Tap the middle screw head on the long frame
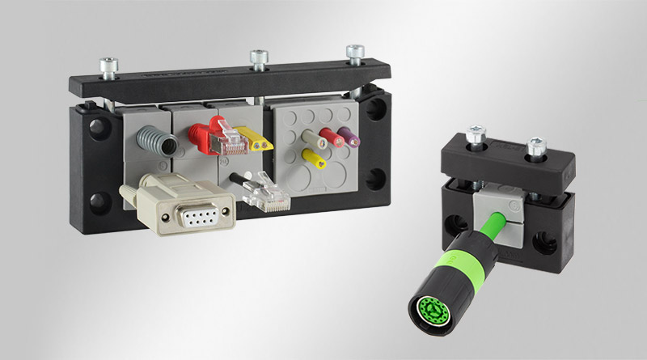coord(258,57)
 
